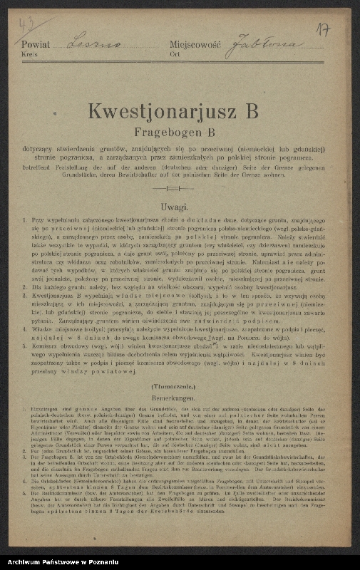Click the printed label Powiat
pos(36,44)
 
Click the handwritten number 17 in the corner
pos(322,30)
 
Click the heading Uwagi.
pos(174,207)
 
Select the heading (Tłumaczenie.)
pos(174,385)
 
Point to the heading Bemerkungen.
pos(174,394)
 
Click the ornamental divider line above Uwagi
pos(174,189)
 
